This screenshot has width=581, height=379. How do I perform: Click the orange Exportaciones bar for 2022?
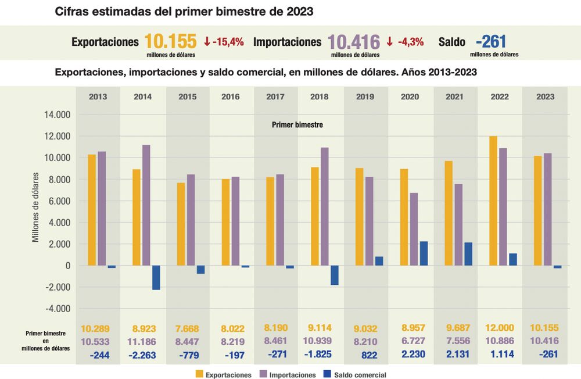(493, 201)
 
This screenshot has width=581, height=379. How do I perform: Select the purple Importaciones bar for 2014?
(146, 205)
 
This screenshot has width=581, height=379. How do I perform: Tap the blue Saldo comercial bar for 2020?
(424, 253)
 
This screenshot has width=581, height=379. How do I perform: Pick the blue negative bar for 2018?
(335, 276)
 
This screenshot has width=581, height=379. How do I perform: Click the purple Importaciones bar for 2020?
(414, 229)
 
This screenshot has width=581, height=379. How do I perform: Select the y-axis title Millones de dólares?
(35, 207)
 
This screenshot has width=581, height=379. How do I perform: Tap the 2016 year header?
(231, 96)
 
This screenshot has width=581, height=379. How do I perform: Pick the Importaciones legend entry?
(285, 375)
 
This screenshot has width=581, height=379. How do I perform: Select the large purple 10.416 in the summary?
(354, 42)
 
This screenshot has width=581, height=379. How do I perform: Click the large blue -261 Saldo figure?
(491, 42)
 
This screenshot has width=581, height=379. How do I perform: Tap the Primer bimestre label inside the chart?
(297, 125)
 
